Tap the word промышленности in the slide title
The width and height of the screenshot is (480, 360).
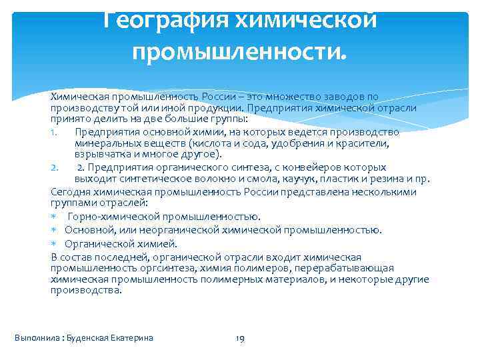coord(239,49)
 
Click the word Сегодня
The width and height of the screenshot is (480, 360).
coord(69,192)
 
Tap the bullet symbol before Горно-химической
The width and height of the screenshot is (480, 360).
coord(53,217)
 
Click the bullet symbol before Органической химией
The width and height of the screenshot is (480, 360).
coord(53,243)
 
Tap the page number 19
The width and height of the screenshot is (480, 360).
coord(241,339)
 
